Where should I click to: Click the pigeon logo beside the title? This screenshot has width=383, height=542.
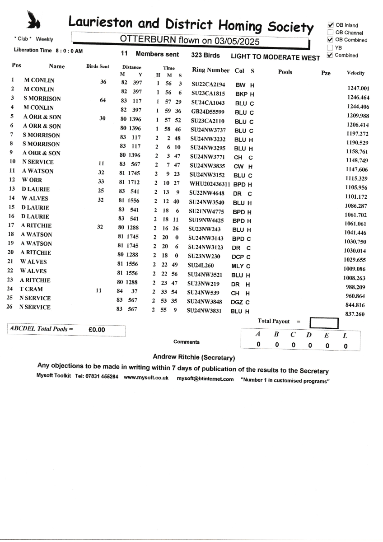(x=33, y=20)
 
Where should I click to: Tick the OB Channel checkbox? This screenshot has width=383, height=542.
(x=331, y=33)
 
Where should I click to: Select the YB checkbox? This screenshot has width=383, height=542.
(x=331, y=47)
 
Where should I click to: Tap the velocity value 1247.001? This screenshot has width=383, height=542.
(x=359, y=89)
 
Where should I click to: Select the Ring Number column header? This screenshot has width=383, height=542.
(x=211, y=70)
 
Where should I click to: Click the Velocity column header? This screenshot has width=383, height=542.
(x=356, y=73)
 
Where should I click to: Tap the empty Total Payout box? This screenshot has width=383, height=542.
(x=324, y=322)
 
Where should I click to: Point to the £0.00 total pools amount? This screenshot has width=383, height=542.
(x=97, y=330)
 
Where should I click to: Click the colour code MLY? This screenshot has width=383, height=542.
(x=238, y=266)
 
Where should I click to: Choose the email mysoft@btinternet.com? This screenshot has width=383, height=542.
(x=205, y=379)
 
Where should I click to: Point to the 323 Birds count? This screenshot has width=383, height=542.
(x=206, y=55)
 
